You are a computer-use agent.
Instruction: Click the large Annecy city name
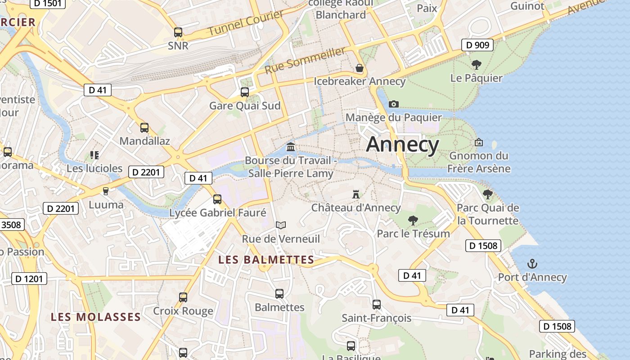[x=402, y=144]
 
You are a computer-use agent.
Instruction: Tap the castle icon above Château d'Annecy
[x=356, y=194]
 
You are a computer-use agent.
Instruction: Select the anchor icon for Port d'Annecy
[x=532, y=264]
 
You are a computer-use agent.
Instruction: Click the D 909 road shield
[x=477, y=45]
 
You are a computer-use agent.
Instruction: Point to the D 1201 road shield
[x=29, y=279]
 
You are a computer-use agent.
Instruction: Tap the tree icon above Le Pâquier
[x=476, y=65]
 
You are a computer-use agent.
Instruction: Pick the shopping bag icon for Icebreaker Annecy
[x=360, y=68]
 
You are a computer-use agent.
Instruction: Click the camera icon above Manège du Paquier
[x=394, y=104]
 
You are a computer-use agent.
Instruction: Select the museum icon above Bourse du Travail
[x=291, y=147]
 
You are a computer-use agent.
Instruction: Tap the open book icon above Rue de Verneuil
[x=281, y=225]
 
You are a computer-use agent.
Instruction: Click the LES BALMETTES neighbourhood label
[x=266, y=260]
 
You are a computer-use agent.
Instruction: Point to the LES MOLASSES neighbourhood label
[x=96, y=317]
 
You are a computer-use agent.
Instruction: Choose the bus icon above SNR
[x=178, y=32]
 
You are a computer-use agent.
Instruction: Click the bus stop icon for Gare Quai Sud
[x=245, y=92]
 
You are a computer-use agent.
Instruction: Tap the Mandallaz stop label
[x=144, y=141]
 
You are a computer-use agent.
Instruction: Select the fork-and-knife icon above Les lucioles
[x=94, y=155]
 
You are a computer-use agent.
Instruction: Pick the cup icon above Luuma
[x=106, y=191]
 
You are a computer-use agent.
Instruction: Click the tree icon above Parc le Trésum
[x=413, y=220]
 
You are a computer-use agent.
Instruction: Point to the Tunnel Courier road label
[x=245, y=23]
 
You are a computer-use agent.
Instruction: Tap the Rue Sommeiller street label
[x=305, y=61]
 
